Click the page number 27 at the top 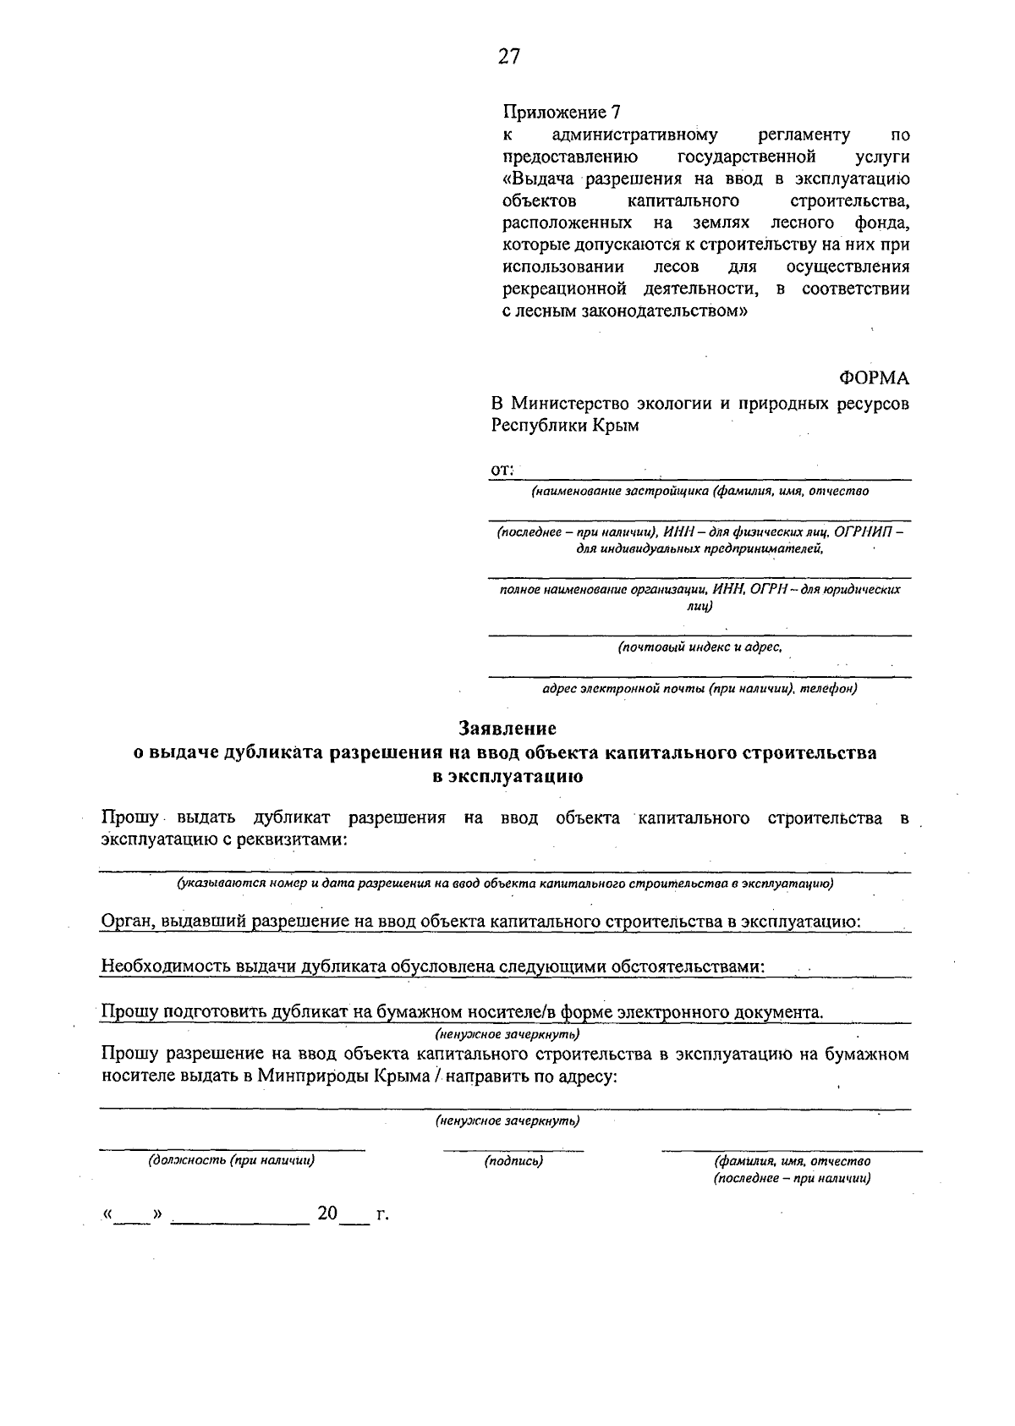508,57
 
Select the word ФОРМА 874,377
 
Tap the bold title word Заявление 507,728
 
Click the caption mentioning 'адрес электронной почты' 700,689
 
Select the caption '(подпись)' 513,1162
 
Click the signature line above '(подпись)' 513,1150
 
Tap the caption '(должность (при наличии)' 232,1161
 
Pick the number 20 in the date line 327,1214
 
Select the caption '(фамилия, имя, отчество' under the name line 793,1161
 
